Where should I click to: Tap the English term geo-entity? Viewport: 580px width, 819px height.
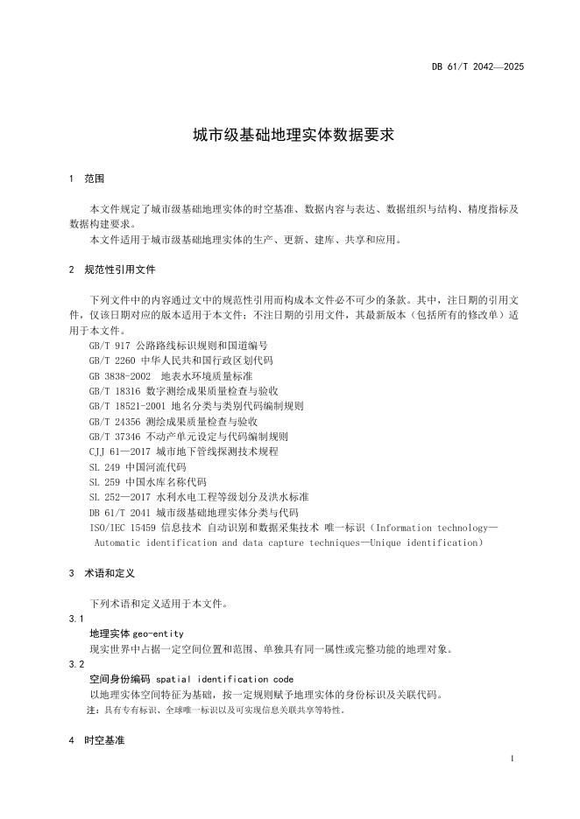point(159,633)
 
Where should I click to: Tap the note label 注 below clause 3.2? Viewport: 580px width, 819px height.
point(93,710)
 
